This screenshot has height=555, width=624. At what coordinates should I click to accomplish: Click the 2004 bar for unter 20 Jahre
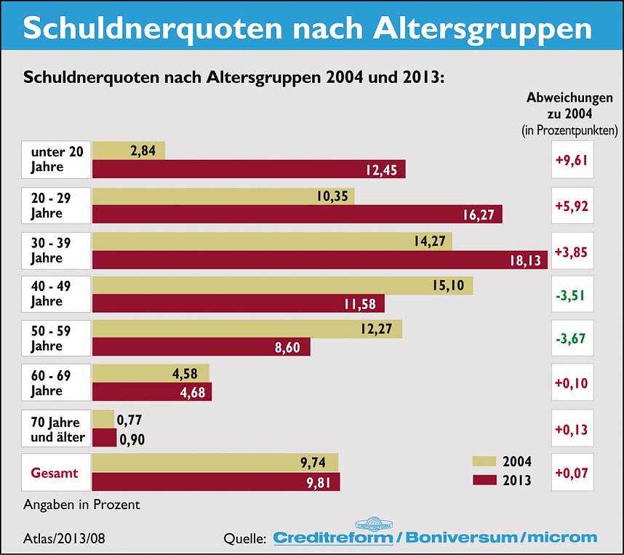(x=129, y=151)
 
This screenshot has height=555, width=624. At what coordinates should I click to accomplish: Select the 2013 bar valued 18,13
(x=320, y=260)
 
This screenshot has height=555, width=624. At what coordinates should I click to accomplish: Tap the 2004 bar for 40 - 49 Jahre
(x=282, y=286)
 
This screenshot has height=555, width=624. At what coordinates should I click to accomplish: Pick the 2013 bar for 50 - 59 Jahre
(x=201, y=348)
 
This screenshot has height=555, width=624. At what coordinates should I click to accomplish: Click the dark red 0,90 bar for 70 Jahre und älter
(x=104, y=438)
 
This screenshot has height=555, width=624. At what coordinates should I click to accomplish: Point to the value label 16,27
(x=479, y=215)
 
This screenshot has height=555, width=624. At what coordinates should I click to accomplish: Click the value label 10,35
(x=332, y=196)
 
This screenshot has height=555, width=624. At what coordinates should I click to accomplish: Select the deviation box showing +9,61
(x=572, y=159)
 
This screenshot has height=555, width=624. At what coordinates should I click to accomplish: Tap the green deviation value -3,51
(x=572, y=295)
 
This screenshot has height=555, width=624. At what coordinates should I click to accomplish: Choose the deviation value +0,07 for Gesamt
(x=572, y=474)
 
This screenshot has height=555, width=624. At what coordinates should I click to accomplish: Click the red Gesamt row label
(x=55, y=473)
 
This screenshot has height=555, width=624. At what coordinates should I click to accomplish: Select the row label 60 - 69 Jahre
(x=55, y=383)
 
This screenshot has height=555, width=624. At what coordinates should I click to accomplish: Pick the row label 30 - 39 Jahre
(x=55, y=250)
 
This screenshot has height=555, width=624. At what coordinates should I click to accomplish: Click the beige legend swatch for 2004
(x=484, y=461)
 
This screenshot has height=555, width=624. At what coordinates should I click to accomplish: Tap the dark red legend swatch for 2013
(x=484, y=480)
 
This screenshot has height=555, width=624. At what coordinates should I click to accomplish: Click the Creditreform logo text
(x=333, y=538)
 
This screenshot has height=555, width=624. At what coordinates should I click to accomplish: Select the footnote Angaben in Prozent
(x=81, y=504)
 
